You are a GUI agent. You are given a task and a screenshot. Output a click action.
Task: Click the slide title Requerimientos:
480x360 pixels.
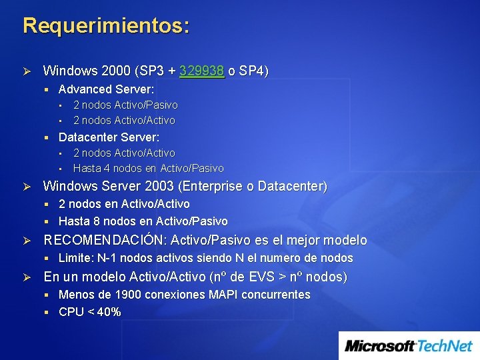(106, 26)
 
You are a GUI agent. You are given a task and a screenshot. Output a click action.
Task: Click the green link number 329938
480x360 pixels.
(201, 71)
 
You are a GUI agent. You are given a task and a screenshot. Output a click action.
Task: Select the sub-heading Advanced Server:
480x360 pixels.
(106, 89)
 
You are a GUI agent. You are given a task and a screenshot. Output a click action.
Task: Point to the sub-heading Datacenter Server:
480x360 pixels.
(109, 137)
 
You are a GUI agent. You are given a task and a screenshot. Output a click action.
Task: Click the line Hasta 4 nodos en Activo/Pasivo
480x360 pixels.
(148, 168)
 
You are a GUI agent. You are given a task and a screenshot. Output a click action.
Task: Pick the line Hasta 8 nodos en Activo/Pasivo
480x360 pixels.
(143, 221)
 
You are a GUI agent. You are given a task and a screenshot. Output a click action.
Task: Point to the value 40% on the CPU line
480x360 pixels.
(109, 311)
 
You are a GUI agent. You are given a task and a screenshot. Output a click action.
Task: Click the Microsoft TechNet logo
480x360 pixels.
(409, 345)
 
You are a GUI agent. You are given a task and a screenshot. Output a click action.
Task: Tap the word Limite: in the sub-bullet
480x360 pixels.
(76, 258)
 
